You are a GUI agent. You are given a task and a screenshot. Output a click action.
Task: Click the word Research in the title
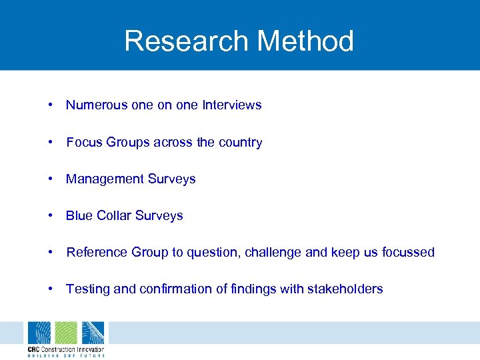[186, 41]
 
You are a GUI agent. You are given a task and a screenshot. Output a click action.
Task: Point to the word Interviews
[232, 105]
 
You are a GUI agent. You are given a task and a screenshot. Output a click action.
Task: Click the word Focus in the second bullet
[84, 142]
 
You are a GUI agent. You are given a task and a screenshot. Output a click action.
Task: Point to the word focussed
[408, 252]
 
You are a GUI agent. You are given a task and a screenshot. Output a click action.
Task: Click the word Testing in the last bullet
[88, 289]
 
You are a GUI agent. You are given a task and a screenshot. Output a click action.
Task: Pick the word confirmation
[177, 289]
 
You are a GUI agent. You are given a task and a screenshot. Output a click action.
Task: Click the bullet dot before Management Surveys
[51, 179]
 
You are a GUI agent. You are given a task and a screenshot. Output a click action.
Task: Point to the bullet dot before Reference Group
[51, 252]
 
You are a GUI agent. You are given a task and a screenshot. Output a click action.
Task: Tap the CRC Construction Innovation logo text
[65, 349]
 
